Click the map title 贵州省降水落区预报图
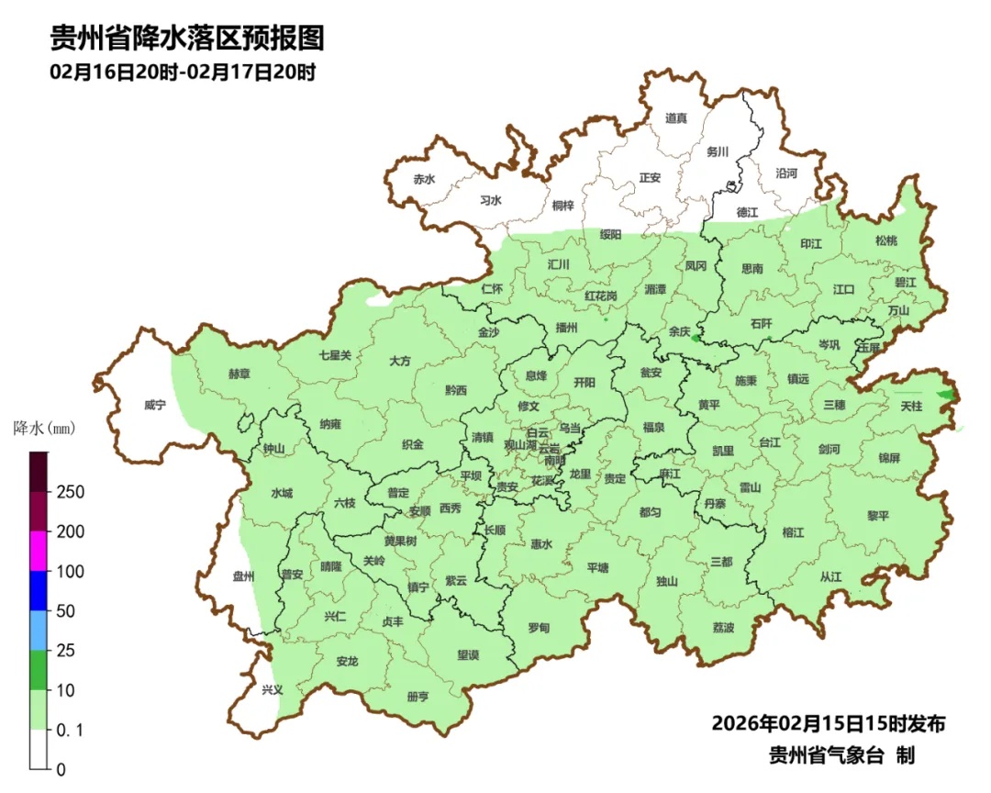[187, 39]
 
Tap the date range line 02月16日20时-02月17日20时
[184, 73]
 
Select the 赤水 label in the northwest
[423, 180]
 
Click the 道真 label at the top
[676, 117]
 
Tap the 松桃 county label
[885, 240]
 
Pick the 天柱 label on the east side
[911, 406]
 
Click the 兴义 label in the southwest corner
[273, 690]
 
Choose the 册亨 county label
[417, 697]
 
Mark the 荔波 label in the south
[723, 628]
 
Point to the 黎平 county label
[878, 516]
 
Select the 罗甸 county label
[539, 628]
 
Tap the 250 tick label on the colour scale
[70, 492]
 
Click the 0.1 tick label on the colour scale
[70, 730]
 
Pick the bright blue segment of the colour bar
[39, 591]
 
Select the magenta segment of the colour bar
[39, 552]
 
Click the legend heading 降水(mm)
[44, 428]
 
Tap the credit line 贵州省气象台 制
[841, 755]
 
